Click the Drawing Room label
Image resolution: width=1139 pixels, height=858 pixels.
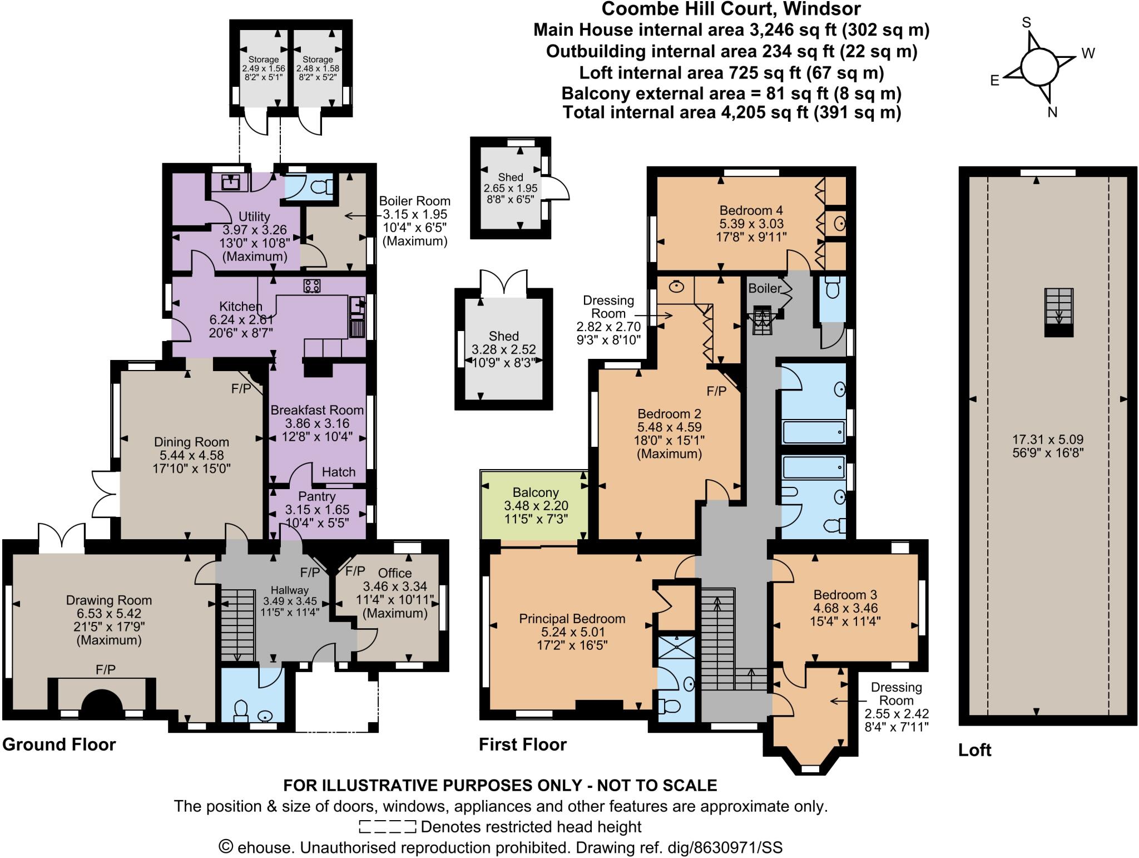[108, 600]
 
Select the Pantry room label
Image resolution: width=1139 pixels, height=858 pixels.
[316, 496]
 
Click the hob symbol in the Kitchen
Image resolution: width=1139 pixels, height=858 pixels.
[311, 286]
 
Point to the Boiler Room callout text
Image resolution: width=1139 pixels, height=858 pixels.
[414, 201]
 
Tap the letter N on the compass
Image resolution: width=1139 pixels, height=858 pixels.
[1052, 112]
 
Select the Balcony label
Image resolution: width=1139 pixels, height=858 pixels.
[535, 492]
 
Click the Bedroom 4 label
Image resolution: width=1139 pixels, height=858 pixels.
[751, 210]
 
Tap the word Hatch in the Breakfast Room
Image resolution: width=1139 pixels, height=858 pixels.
[338, 472]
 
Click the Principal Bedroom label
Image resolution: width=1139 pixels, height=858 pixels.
[572, 619]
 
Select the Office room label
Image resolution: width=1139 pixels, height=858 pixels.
[395, 573]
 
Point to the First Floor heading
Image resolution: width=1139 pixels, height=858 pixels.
[522, 744]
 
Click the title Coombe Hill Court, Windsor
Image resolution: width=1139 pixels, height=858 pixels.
[731, 9]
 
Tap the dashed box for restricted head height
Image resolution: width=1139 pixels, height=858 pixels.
[387, 827]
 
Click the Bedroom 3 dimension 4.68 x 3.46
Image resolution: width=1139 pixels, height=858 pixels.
[845, 608]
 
